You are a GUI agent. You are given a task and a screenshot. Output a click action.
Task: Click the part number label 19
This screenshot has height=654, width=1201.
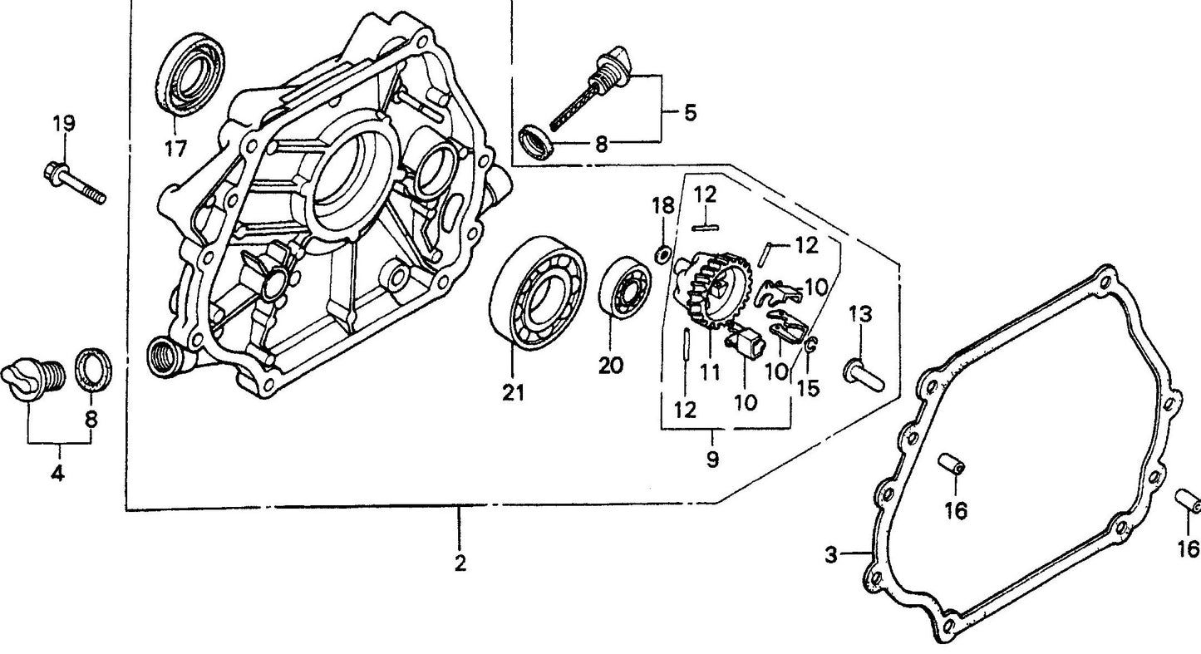pyautogui.click(x=64, y=125)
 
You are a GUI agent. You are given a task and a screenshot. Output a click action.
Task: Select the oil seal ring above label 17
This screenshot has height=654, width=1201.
pyautogui.click(x=191, y=73)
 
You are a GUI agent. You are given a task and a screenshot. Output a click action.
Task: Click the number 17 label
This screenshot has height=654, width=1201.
pyautogui.click(x=175, y=149)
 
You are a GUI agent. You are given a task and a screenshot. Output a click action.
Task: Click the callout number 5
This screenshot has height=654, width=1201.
pyautogui.click(x=690, y=113)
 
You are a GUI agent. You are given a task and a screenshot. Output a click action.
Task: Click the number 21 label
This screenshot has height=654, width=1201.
pyautogui.click(x=513, y=393)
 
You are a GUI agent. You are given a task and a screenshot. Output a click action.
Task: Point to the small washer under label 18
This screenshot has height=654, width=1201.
pyautogui.click(x=663, y=253)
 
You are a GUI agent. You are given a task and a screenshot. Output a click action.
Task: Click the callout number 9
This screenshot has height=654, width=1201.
pyautogui.click(x=712, y=458)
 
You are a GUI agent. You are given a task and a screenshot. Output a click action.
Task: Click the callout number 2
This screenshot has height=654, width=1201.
pyautogui.click(x=460, y=563)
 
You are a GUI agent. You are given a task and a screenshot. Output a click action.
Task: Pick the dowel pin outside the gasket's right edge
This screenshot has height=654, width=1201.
pyautogui.click(x=1188, y=503)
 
